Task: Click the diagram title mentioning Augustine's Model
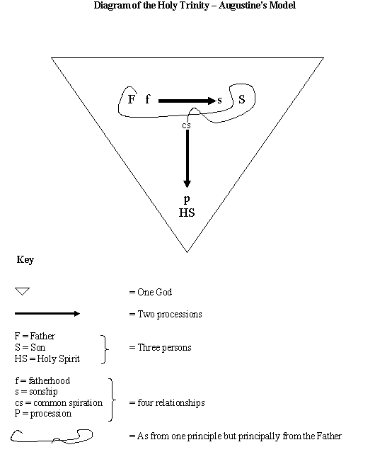(194, 6)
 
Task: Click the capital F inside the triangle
(131, 100)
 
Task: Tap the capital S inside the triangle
(241, 100)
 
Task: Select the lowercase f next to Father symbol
(148, 100)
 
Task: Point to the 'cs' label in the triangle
(186, 125)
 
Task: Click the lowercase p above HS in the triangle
(187, 200)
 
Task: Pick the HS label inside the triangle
(187, 213)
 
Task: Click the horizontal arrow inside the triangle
(187, 101)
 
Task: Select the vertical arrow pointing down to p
(187, 158)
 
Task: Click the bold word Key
(25, 260)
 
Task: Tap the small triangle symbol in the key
(23, 291)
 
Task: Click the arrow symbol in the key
(47, 313)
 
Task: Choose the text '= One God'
(150, 292)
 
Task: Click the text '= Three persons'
(160, 348)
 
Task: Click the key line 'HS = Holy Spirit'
(47, 359)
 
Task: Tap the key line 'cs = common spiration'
(58, 402)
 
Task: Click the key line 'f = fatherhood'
(42, 380)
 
